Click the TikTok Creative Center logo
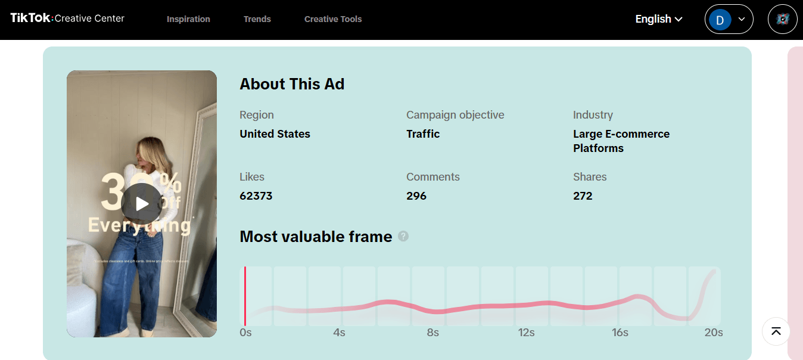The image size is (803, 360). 67,18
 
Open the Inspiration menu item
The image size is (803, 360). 188,19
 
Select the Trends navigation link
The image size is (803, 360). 257,19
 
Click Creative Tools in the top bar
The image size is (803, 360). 333,19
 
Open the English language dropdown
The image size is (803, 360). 659,19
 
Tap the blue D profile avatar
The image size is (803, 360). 720,20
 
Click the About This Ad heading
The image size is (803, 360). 292,84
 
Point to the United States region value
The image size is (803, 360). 275,134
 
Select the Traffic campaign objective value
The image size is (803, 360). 423,134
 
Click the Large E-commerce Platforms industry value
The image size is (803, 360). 621,141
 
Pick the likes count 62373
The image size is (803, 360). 256,196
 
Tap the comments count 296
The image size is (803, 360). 416,196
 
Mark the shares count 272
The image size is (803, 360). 583,196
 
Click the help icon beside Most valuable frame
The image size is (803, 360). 403,237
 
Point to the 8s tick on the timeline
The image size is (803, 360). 432,333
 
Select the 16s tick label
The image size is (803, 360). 620,333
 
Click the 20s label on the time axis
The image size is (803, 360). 714,333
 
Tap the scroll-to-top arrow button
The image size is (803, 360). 776,331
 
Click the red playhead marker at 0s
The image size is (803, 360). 245,296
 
